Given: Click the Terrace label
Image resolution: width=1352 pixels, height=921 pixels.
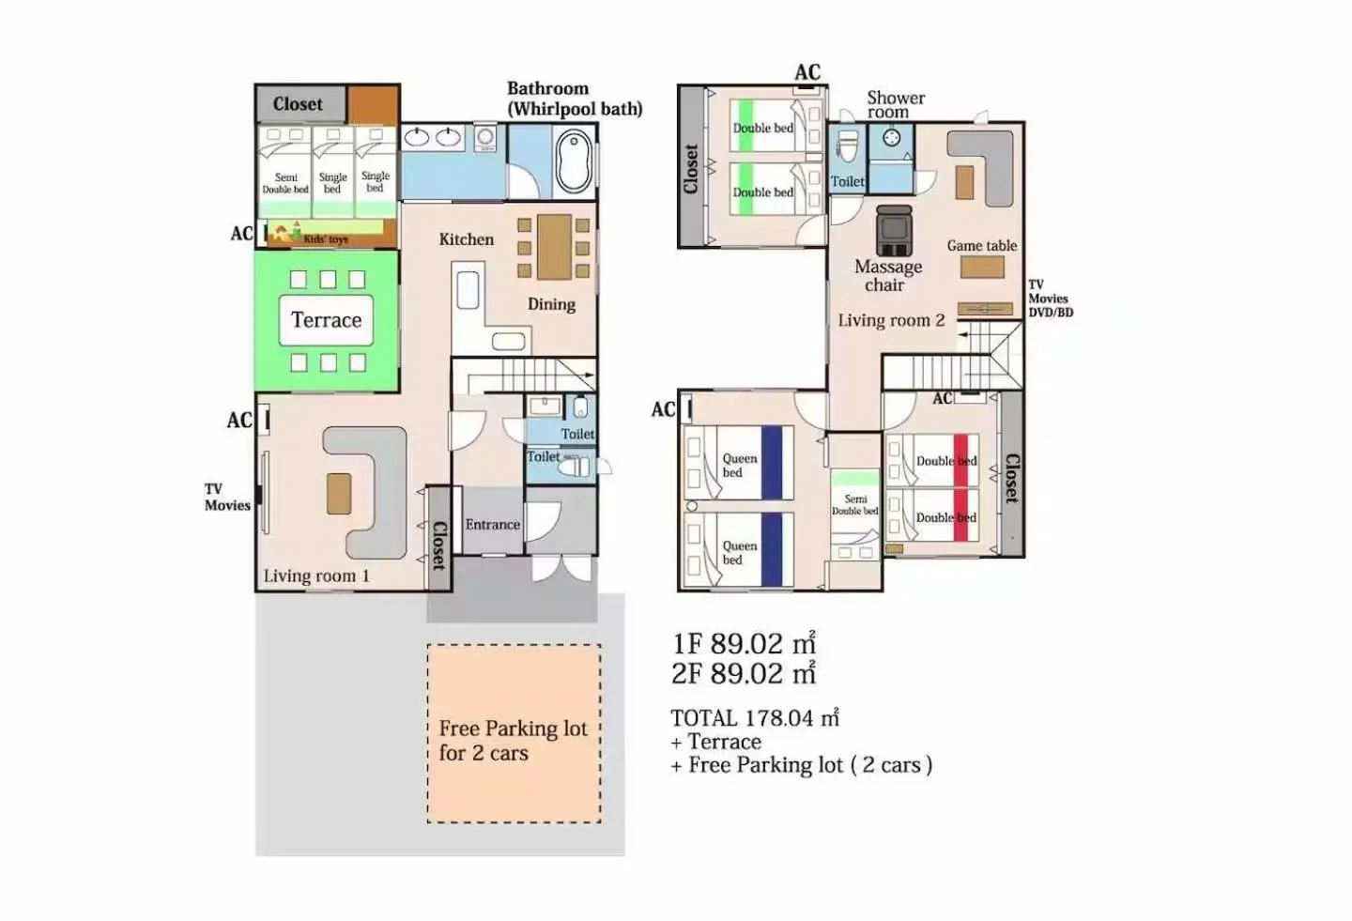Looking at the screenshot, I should (326, 320).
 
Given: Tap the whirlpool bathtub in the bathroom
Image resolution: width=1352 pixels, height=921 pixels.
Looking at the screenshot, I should (574, 161).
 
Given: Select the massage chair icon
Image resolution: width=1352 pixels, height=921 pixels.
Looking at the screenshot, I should (893, 230).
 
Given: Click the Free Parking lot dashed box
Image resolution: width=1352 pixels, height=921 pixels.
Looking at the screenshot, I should (514, 733).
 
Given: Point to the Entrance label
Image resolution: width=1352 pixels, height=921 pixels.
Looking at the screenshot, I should (492, 525).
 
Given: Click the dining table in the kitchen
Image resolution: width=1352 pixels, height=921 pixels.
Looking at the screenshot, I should (554, 247).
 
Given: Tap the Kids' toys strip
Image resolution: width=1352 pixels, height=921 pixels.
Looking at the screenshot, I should (326, 236).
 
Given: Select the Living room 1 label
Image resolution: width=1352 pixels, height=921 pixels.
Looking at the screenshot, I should (316, 576).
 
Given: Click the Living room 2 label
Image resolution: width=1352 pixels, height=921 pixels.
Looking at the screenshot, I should (891, 320).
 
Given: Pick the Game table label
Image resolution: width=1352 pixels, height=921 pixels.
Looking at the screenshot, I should (981, 246).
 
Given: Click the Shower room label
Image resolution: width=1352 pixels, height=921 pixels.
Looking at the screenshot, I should (895, 104).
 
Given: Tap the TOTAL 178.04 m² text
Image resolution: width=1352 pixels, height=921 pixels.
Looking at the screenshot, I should (754, 718).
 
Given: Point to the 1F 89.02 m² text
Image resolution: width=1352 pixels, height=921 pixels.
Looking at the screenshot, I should (744, 644).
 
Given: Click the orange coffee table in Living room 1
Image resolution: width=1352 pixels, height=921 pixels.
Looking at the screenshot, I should (339, 494).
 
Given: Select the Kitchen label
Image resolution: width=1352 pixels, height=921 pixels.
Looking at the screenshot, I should (466, 239).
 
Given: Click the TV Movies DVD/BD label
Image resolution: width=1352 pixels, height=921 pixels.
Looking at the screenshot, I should (1050, 299).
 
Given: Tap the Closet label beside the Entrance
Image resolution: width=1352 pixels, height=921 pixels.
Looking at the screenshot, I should (438, 545).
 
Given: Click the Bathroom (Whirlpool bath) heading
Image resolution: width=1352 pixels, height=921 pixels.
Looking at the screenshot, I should (574, 99).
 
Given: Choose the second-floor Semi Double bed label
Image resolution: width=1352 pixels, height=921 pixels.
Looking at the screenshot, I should (855, 505).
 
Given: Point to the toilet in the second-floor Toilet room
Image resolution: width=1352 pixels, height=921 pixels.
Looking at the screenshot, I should (848, 146).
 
